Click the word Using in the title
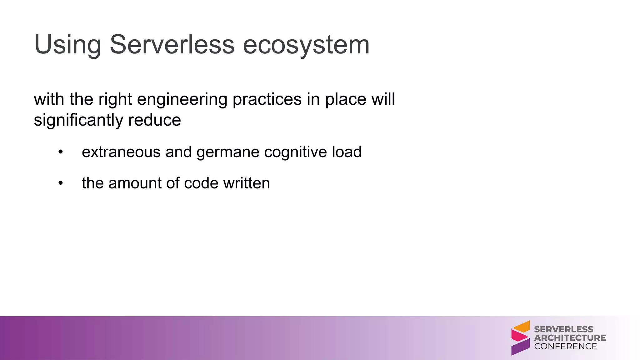[67, 45]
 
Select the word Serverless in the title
[172, 45]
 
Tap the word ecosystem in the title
[306, 45]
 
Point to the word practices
[267, 99]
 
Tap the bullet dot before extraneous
[61, 152]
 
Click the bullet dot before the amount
[61, 183]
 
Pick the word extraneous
[121, 152]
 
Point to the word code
[201, 183]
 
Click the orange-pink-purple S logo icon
[520, 338]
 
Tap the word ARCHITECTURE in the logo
[570, 338]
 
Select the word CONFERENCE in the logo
[565, 346]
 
